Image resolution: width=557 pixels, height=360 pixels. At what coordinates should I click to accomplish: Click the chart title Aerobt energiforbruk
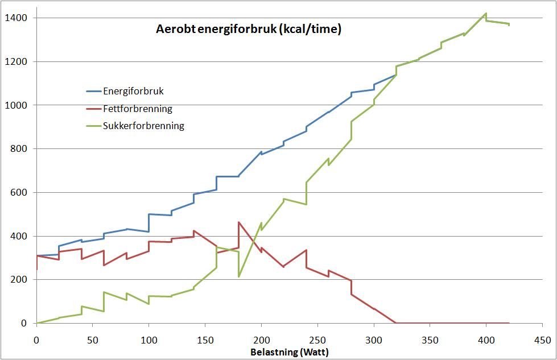249,30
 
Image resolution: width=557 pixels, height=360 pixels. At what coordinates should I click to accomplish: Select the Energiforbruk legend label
133,91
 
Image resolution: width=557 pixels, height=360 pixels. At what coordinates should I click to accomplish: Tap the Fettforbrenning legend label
137,109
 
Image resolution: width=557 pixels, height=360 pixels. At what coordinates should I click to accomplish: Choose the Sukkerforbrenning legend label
143,126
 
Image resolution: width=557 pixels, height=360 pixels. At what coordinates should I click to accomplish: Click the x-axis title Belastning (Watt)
290,352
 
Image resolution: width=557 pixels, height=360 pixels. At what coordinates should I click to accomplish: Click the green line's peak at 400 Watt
486,13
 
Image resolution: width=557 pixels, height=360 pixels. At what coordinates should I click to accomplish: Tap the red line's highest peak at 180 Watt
239,222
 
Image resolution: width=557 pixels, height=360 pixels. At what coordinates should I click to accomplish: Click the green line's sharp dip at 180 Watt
239,276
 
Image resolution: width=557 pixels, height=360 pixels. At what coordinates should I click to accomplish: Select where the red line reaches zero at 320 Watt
396,323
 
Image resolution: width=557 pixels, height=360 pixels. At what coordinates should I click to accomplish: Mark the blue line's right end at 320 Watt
396,75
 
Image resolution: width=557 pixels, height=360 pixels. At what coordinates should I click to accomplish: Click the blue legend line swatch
93,91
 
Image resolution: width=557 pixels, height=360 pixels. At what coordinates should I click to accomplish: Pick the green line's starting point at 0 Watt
36,323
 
